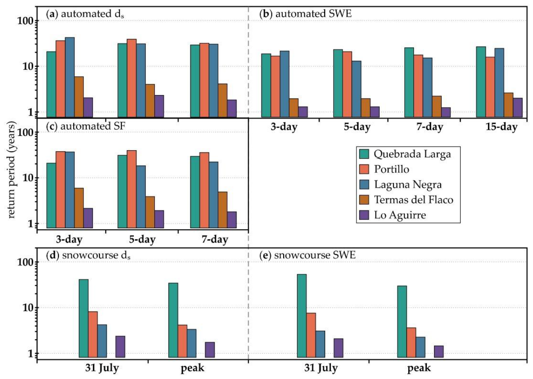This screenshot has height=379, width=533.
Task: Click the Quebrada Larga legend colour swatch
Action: (x=364, y=154)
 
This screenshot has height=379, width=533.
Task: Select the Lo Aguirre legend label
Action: (x=400, y=215)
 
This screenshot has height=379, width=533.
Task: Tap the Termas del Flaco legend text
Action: (x=413, y=200)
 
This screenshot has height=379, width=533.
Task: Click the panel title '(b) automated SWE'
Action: (x=305, y=14)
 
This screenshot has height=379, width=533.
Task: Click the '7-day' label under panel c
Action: (x=215, y=239)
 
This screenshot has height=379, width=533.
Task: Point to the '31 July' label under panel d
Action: (x=102, y=368)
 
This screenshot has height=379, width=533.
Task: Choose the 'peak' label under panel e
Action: (x=419, y=368)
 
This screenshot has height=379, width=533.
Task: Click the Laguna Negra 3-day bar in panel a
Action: (x=70, y=78)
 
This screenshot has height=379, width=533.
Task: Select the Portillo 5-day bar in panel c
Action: (x=132, y=189)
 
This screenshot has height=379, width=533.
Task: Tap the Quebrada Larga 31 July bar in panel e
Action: (x=302, y=316)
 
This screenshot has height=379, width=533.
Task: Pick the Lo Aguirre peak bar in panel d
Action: (x=210, y=350)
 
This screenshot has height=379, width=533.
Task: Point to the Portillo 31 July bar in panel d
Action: (x=93, y=334)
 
